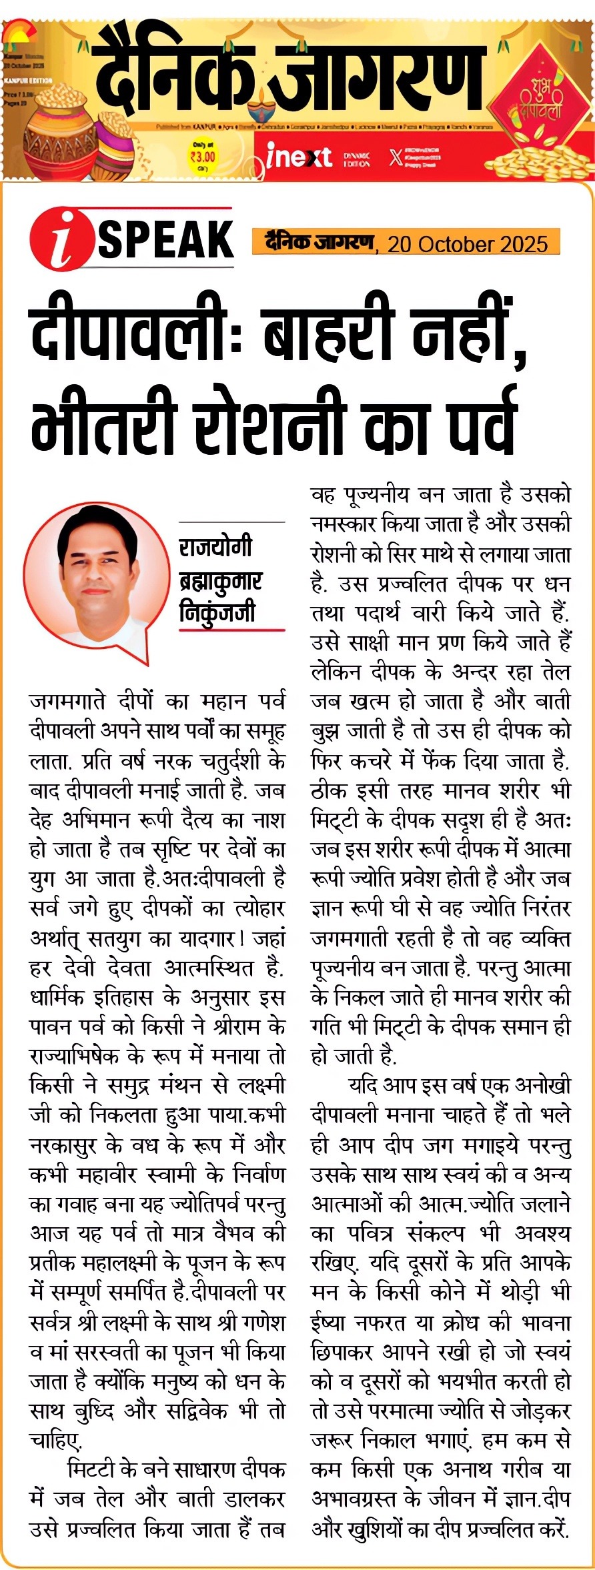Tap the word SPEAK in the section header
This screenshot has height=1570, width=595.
[165, 239]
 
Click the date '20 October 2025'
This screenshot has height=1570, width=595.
[467, 244]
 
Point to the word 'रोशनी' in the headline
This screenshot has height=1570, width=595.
[272, 421]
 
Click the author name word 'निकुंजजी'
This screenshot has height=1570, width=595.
[217, 612]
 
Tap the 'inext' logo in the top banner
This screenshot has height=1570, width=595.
[298, 156]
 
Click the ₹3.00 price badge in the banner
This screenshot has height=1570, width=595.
[202, 157]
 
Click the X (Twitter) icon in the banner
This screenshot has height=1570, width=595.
[396, 158]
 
